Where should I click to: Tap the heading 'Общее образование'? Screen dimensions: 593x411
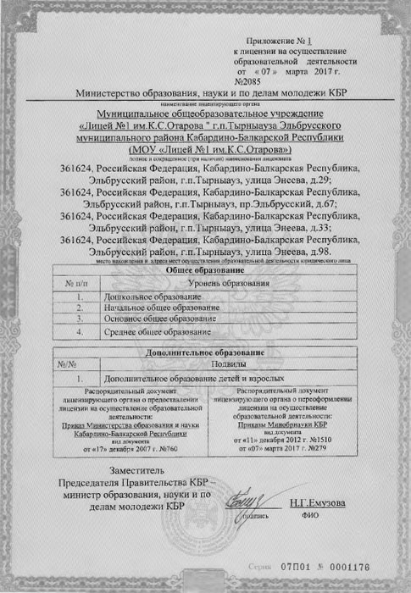tap(204, 269)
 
